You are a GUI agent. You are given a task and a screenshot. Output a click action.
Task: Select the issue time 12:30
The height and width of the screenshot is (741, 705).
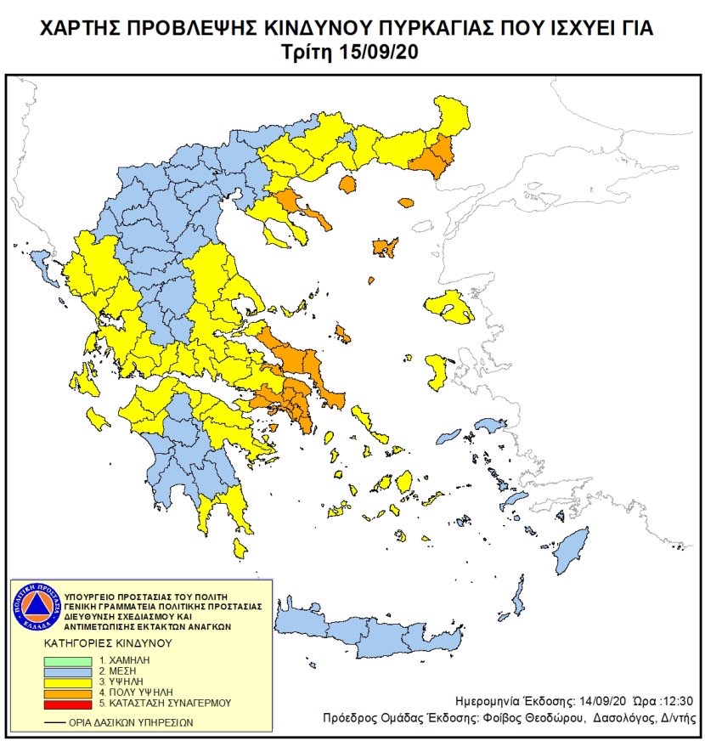pyautogui.click(x=677, y=702)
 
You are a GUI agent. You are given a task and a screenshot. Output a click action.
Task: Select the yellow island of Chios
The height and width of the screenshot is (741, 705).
pyautogui.click(x=437, y=371)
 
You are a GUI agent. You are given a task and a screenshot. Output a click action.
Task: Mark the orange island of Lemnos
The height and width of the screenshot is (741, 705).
pyautogui.click(x=385, y=247)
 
